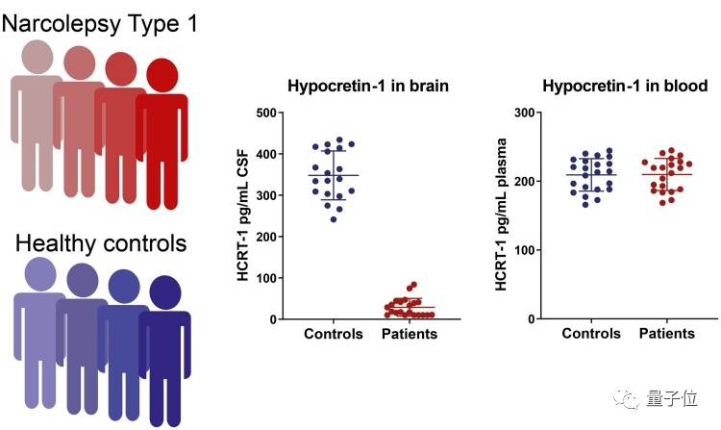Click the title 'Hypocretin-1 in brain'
(x=368, y=86)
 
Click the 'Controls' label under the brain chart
(x=333, y=335)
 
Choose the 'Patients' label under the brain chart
(x=410, y=335)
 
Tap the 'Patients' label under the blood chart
(x=666, y=335)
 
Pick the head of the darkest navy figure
(x=166, y=292)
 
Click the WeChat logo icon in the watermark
(x=628, y=397)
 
